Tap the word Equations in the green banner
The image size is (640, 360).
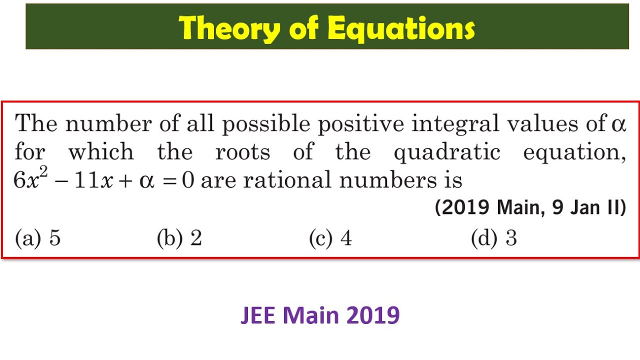400,28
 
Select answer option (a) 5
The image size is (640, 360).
38,238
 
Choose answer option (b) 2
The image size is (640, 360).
179,238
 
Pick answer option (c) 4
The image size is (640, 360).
330,238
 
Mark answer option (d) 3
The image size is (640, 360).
494,238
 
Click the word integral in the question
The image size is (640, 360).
455,123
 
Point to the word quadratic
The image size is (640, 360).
447,152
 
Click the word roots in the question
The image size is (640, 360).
243,152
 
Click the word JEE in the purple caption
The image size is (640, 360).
259,315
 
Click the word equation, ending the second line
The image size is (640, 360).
574,152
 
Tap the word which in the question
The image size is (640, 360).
101,152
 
